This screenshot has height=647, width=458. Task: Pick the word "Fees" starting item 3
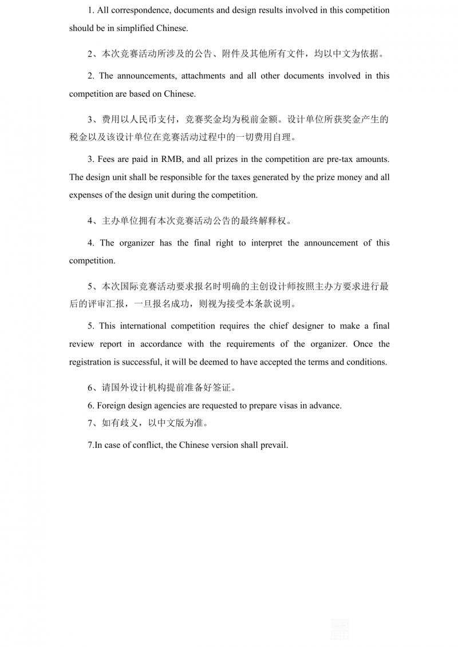coord(106,159)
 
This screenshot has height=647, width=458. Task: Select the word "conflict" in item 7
coord(144,445)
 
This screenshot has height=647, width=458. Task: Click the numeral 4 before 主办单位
coord(90,220)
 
